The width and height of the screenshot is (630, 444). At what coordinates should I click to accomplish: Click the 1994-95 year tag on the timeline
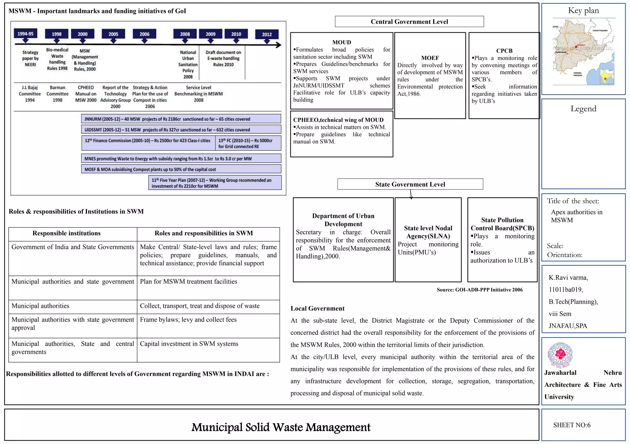[x=25, y=34]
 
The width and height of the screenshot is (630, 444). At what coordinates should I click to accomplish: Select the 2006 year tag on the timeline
[x=144, y=34]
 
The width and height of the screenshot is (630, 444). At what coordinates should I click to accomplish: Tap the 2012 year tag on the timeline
[x=267, y=34]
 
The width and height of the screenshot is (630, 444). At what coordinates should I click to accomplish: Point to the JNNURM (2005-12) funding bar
[x=181, y=119]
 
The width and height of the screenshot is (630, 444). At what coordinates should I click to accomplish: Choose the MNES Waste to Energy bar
[x=181, y=159]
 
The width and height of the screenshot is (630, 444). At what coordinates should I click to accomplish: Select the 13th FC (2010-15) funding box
[x=248, y=143]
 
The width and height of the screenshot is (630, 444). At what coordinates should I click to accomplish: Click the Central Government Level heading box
[x=409, y=22]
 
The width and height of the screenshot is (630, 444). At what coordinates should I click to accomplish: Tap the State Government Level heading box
[x=410, y=184]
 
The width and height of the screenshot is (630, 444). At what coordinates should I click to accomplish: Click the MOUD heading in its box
[x=341, y=42]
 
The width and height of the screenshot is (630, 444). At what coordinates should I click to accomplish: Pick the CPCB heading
[x=504, y=51]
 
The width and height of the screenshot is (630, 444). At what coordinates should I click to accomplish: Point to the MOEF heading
[x=430, y=58]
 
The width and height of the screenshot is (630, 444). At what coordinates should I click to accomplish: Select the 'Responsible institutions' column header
[x=66, y=233]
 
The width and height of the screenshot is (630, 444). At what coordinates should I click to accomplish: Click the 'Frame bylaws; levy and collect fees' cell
[x=188, y=319]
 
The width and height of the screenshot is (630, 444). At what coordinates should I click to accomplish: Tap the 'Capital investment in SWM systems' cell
[x=189, y=344]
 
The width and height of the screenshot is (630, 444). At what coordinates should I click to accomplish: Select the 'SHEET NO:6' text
[x=572, y=425]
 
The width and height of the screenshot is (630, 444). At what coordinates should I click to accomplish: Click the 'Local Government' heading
[x=317, y=308]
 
